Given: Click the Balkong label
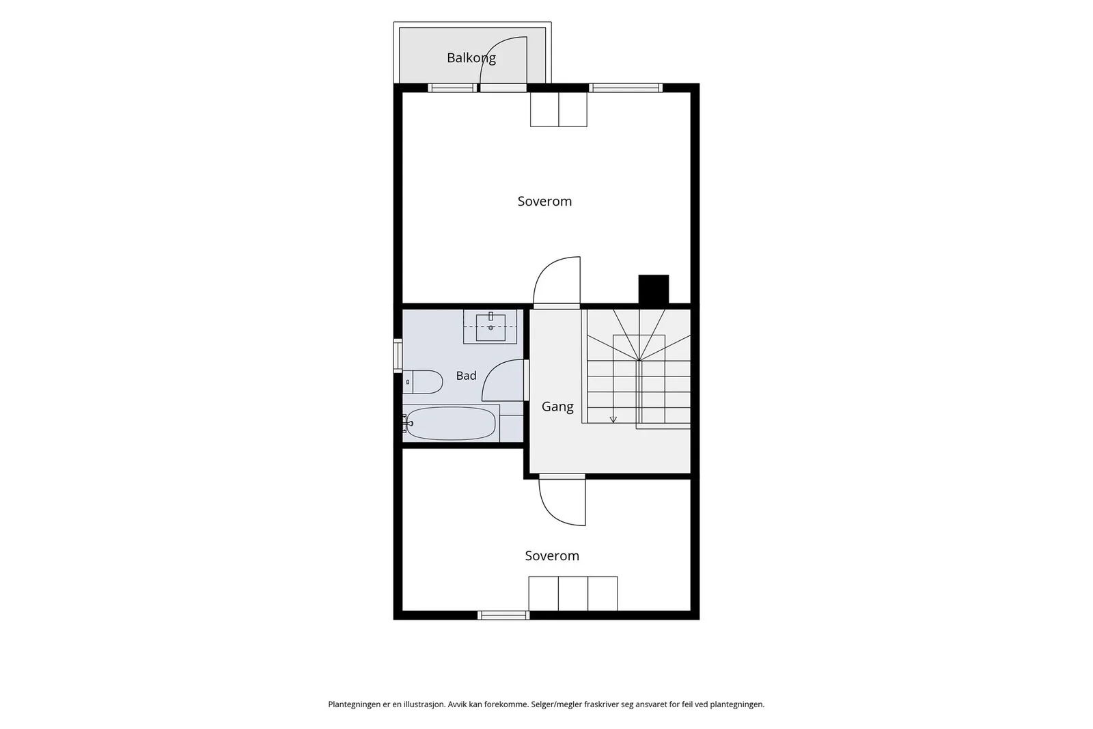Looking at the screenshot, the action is coord(471,58).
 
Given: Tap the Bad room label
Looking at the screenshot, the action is coord(466,376).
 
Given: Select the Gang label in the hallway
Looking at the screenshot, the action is coord(557,407).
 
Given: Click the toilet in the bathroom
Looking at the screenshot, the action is coord(423,381).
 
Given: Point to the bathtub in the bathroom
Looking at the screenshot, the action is coord(450,423).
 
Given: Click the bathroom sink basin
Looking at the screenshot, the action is coord(490,327).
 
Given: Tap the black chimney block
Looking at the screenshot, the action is coord(653,290).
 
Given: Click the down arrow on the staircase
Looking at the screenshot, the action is coord(613,419).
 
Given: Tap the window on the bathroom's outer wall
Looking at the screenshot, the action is coord(398,356).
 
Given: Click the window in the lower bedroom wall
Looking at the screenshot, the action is coord(503,616).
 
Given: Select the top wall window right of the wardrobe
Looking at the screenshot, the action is coord(626,88).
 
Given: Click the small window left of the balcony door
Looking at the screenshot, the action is coord(452,88).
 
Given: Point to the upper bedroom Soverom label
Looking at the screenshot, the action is coord(544,201).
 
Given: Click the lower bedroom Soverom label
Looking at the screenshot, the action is coord(552,555).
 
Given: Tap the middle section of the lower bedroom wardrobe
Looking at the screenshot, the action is coord(573,593).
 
